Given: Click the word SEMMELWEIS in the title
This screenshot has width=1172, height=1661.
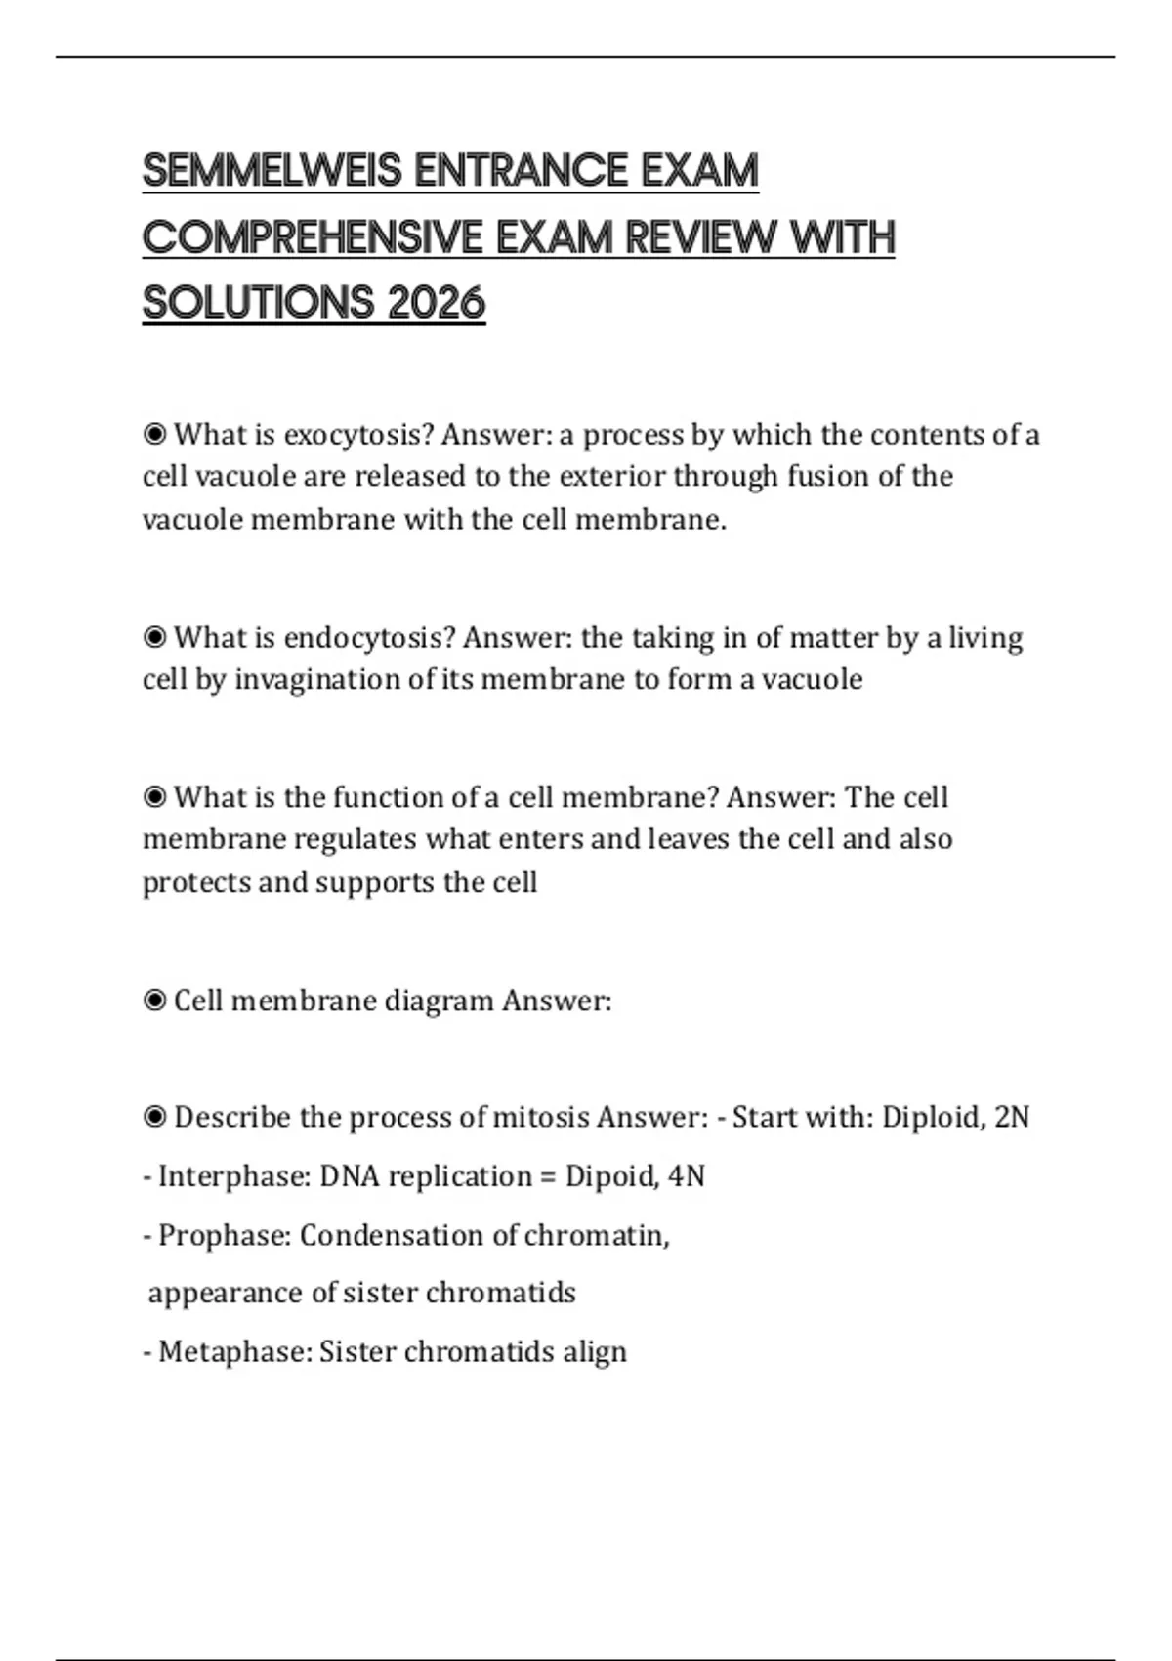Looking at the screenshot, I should [x=272, y=171].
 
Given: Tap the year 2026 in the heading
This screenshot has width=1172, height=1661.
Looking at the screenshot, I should [x=436, y=303].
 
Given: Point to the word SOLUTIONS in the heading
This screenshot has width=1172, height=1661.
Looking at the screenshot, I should [x=258, y=303].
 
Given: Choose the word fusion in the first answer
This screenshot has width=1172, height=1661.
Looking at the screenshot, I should [x=829, y=477].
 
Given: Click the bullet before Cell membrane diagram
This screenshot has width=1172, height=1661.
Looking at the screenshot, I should [x=154, y=1001].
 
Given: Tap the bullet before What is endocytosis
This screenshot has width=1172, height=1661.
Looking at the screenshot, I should [x=154, y=638].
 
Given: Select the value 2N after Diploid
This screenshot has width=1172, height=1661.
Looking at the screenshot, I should [x=1012, y=1117].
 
